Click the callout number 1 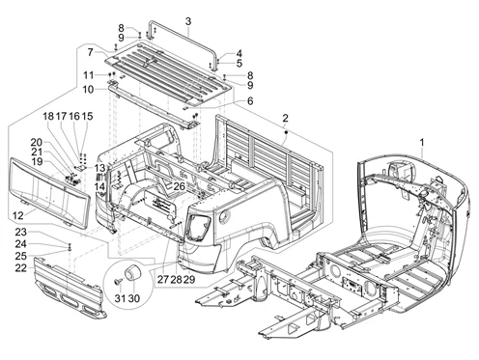(x=422, y=142)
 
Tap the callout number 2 (x=285, y=118)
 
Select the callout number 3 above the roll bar (x=188, y=21)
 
